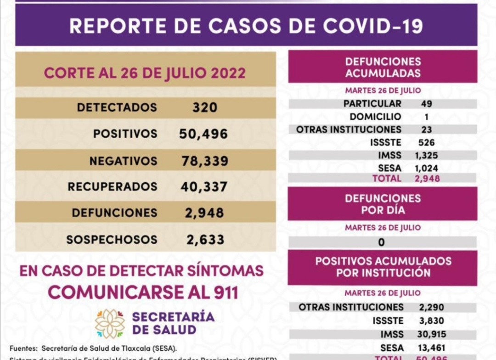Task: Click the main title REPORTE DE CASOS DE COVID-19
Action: [x=246, y=26]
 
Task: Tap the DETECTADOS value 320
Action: [x=205, y=107]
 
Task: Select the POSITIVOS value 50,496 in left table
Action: [x=203, y=134]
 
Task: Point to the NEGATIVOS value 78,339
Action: [x=204, y=161]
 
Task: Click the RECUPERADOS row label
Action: [x=113, y=187]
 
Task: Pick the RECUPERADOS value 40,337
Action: [x=203, y=187]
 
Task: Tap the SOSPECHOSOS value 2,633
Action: [x=205, y=239]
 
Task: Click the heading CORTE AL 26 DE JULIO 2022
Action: [x=145, y=73]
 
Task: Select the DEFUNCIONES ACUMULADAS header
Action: [x=383, y=67]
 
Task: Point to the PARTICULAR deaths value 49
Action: [x=426, y=104]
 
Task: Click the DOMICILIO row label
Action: [x=375, y=117]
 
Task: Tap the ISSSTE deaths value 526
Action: [x=426, y=142]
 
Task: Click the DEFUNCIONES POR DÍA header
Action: [x=383, y=204]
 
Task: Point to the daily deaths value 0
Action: [x=382, y=242]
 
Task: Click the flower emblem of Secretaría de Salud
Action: [x=110, y=323]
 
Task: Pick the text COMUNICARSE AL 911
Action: [x=143, y=292]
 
